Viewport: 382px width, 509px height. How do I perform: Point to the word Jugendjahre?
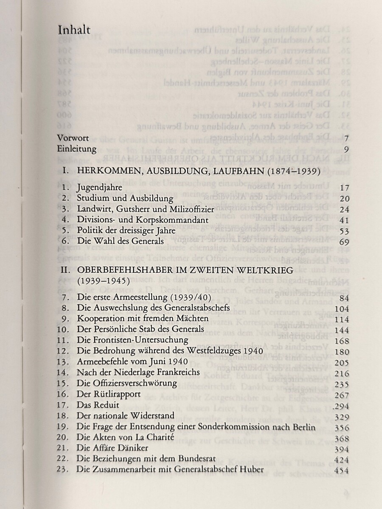point(100,187)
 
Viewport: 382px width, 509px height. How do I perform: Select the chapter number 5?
point(65,231)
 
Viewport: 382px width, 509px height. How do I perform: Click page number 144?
point(342,330)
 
